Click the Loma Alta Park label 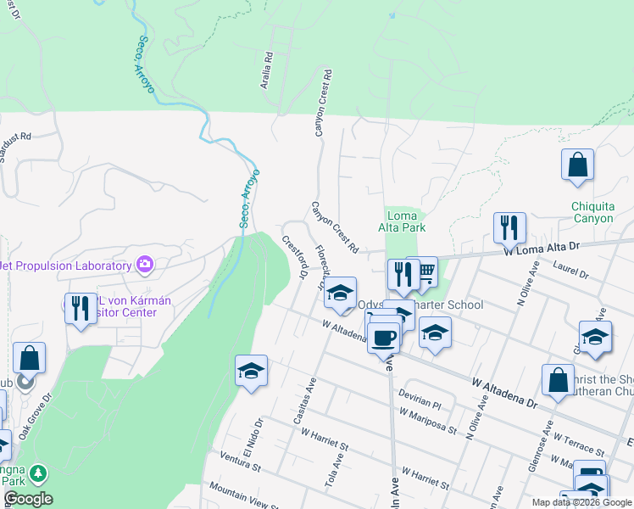(401, 221)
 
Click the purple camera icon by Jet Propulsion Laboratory (144, 265)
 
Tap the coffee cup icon (383, 336)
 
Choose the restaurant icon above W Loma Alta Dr (510, 227)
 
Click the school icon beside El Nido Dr (251, 371)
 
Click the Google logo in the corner (27, 500)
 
